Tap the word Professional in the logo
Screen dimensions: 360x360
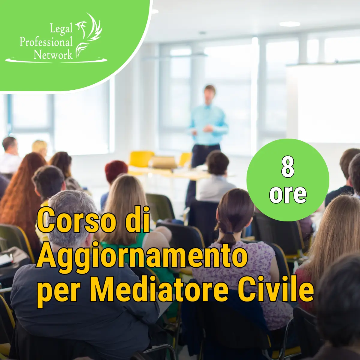[46, 42]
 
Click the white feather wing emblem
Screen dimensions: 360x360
[89, 35]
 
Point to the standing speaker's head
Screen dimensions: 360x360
[209, 93]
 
